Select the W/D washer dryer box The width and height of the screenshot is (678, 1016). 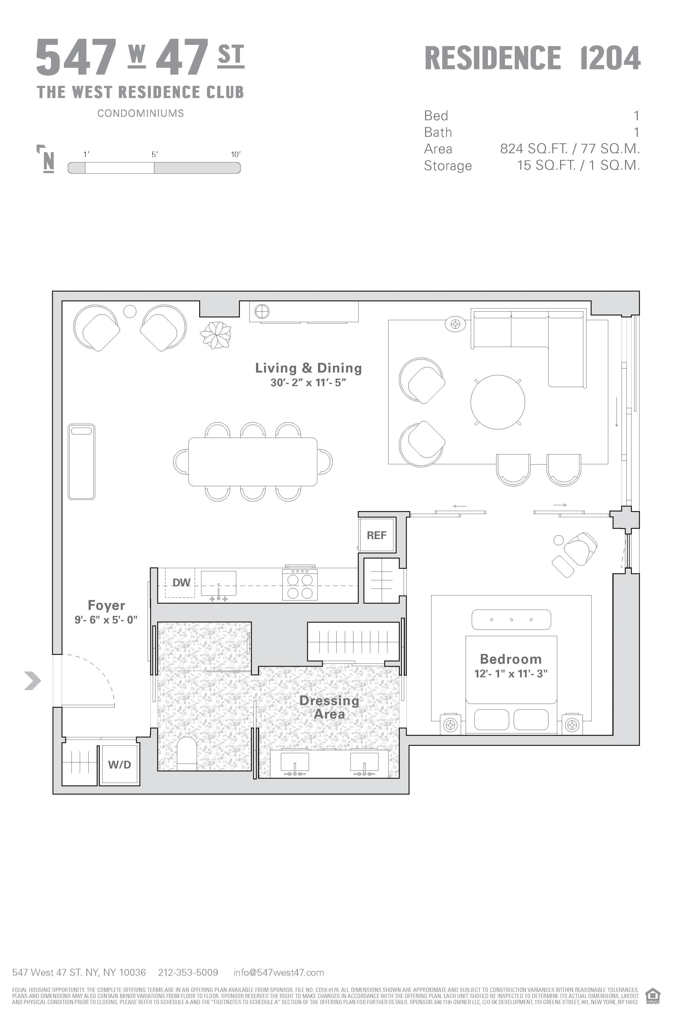point(119,765)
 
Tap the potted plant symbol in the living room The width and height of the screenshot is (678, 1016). point(215,335)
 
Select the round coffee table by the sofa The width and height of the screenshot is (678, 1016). point(498,401)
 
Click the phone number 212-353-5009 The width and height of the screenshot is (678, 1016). point(188,972)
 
